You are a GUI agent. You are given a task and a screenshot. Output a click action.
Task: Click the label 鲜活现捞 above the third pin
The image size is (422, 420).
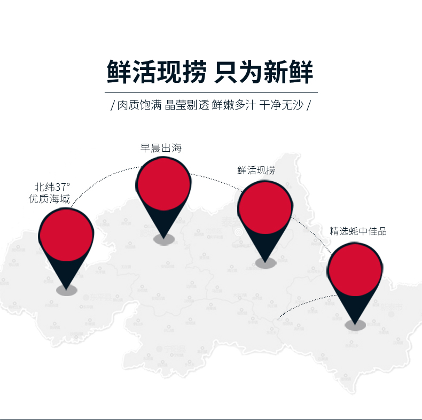click(x=256, y=170)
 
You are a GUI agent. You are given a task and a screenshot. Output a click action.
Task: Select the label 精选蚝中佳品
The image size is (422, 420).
click(x=358, y=231)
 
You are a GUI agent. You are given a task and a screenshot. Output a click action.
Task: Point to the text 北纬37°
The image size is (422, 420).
click(x=52, y=187)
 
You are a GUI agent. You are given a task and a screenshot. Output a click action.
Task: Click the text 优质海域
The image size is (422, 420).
click(x=49, y=199)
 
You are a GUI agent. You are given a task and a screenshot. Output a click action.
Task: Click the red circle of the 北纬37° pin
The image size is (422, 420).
click(x=66, y=235)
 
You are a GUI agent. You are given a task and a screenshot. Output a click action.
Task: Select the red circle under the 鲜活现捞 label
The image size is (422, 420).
click(x=265, y=208)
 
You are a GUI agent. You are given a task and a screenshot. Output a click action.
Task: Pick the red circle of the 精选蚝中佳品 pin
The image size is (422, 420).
click(x=355, y=270)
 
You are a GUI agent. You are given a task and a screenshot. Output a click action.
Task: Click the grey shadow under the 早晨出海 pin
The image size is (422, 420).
click(x=164, y=239)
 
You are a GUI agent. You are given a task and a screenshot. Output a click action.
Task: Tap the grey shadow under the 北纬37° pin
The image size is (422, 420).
click(x=67, y=290)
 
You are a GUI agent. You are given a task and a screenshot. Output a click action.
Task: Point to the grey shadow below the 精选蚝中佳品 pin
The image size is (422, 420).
click(x=355, y=324)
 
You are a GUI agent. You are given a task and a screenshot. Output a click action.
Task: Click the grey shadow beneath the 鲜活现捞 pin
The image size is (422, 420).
click(x=265, y=262)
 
